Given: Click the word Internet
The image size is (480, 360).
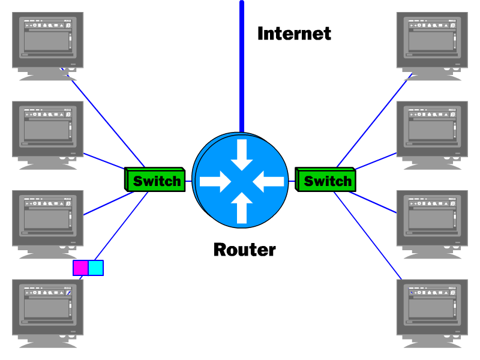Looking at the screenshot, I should click(294, 34).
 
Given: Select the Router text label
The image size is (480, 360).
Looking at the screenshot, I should click(244, 249).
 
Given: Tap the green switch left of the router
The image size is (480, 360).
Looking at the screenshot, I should click(155, 180).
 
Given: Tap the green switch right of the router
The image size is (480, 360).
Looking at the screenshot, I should click(326, 180).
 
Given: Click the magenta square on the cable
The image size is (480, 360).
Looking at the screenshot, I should click(80, 268).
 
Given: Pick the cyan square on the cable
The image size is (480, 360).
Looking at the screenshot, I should click(96, 268).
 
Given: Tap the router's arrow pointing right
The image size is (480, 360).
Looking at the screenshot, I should click(216, 181).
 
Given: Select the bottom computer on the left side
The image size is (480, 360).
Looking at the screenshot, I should click(48, 309).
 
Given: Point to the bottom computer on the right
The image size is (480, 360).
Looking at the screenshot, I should click(432, 309).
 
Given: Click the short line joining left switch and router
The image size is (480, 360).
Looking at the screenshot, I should click(188, 181).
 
